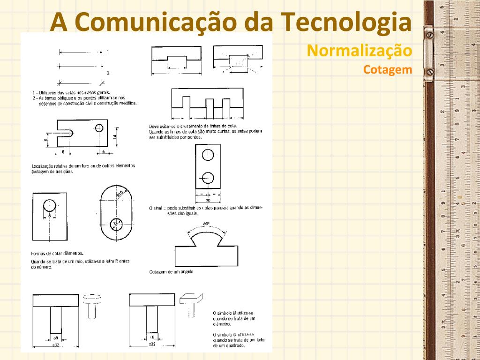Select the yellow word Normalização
tap(359, 51)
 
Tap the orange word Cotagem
tap(387, 70)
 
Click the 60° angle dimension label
tap(206, 224)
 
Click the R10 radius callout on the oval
tap(120, 194)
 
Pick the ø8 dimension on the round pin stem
tap(55, 337)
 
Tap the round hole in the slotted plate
tap(99, 128)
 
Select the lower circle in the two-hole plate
tap(207, 178)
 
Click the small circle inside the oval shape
tap(116, 224)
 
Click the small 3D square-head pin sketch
tap(192, 302)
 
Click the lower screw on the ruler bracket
tap(428, 72)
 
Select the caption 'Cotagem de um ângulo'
tap(171, 272)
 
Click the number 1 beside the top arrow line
tap(108, 52)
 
